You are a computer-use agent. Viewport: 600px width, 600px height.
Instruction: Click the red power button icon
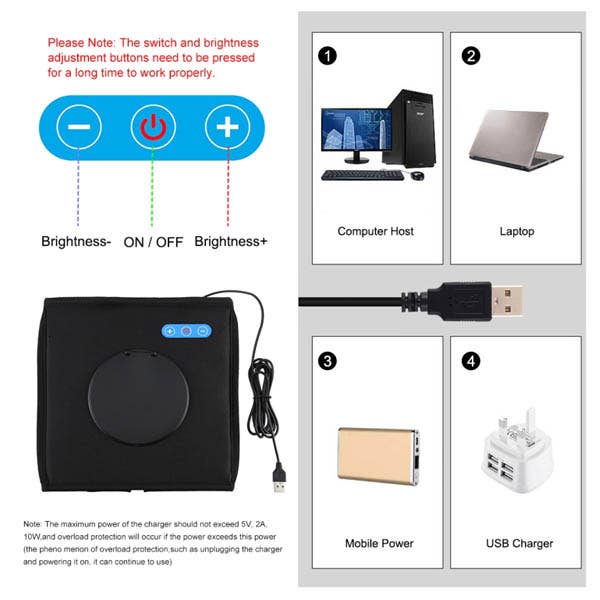tap(153, 128)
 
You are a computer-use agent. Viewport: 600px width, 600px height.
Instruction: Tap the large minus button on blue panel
tap(79, 128)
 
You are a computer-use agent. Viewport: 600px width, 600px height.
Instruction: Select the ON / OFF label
tap(152, 241)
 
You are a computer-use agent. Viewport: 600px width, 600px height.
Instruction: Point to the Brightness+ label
tap(231, 241)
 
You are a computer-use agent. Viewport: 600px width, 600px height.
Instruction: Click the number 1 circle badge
tap(327, 56)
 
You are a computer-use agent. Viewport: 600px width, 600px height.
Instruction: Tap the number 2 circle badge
tap(470, 56)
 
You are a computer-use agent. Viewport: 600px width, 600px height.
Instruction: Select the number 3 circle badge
tap(327, 360)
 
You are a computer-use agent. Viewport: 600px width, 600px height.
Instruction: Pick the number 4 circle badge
tap(470, 360)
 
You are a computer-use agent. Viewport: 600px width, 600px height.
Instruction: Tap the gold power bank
tap(378, 455)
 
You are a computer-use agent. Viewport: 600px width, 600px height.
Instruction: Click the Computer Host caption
tap(375, 231)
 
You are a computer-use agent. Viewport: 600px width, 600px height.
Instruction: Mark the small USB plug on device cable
tap(278, 482)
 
